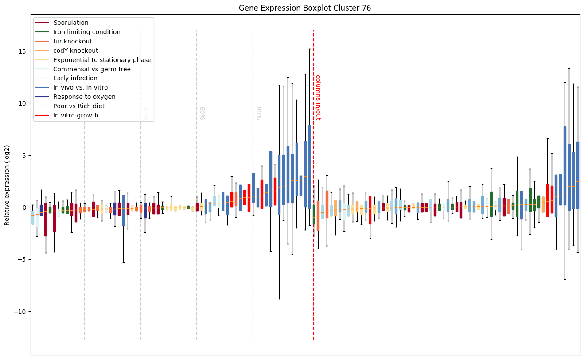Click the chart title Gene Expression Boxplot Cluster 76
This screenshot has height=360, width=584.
pos(305,8)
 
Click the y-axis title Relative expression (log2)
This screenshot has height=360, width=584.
pos(8,185)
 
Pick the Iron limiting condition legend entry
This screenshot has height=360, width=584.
pos(87,32)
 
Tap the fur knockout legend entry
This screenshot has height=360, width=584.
pos(73,41)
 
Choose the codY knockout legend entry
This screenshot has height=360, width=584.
pos(76,51)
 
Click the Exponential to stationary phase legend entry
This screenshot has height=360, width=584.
pos(102,60)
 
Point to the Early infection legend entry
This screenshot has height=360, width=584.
pos(75,78)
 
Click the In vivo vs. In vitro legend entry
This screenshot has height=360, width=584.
pos(81,88)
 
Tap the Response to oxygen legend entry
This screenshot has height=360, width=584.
pos(84,97)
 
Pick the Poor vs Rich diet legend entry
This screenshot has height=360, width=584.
pos(79,106)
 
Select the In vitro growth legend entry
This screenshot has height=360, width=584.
pos(76,116)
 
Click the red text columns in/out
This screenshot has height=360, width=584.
pos(318,97)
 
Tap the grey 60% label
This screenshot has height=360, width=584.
pos(202,113)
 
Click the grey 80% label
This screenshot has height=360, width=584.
pos(258,113)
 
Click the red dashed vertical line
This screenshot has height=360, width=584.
pos(314,266)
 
